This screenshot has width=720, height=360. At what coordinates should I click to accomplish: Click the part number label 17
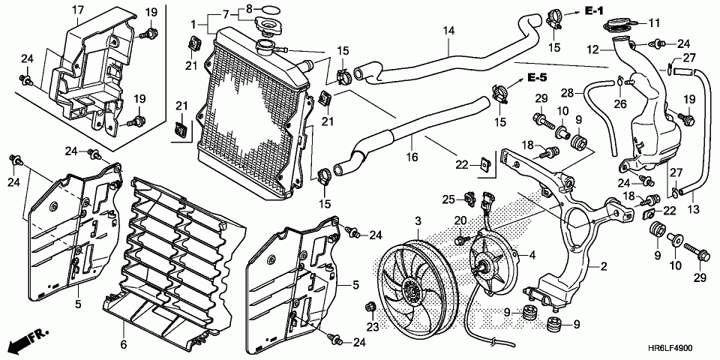coord(78,9)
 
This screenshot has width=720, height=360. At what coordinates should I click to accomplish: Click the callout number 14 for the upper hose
coord(448,31)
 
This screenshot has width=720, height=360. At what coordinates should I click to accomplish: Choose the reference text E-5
coord(537,77)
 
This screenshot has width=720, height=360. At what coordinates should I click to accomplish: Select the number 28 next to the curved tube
coord(568,93)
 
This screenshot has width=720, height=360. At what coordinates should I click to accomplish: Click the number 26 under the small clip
coord(620,104)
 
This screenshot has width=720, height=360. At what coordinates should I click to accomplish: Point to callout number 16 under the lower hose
coord(412,157)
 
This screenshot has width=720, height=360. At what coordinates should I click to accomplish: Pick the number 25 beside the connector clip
coord(448,199)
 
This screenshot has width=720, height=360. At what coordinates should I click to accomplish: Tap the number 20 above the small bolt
coord(460,221)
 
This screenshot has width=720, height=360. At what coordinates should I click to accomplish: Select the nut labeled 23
coord(370,307)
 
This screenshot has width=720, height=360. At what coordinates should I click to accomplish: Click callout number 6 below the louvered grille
coord(124,343)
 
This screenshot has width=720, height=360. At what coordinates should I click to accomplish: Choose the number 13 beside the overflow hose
coord(693,210)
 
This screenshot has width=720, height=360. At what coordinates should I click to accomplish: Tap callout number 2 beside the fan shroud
coord(603,265)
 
